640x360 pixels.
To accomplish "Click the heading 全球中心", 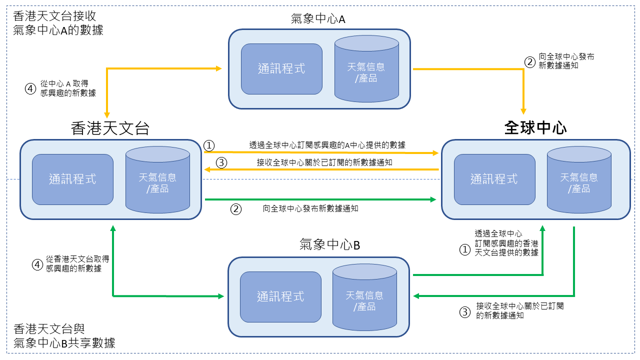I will point(535,128).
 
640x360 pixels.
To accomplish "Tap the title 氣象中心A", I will point(318,19).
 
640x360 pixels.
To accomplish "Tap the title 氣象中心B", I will point(329,245).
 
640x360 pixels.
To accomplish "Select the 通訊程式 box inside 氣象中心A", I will point(281,69).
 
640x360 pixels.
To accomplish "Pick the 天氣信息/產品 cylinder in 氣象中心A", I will point(366,70).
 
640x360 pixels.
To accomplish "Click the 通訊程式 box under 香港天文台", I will point(72,179).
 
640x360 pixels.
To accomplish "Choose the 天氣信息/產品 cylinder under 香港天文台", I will point(157,181).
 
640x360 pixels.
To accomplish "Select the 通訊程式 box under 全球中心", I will point(494,179).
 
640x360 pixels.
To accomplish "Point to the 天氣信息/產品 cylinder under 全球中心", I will point(579,181).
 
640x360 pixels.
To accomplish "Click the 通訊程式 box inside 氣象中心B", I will point(280,296).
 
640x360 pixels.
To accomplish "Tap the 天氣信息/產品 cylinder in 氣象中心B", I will point(364,298).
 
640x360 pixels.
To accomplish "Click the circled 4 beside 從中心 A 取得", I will point(31,88).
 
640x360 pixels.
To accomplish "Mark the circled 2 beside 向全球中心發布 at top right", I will point(529,62).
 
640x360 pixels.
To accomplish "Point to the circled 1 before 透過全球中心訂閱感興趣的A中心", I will point(209,145).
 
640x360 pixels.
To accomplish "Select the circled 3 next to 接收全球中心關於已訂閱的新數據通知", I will point(221,162).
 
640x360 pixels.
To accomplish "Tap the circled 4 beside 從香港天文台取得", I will point(37,264).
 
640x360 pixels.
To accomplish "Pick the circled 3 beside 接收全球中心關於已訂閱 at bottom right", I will point(465,312).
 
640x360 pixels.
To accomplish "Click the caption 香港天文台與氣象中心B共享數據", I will point(64,336).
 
